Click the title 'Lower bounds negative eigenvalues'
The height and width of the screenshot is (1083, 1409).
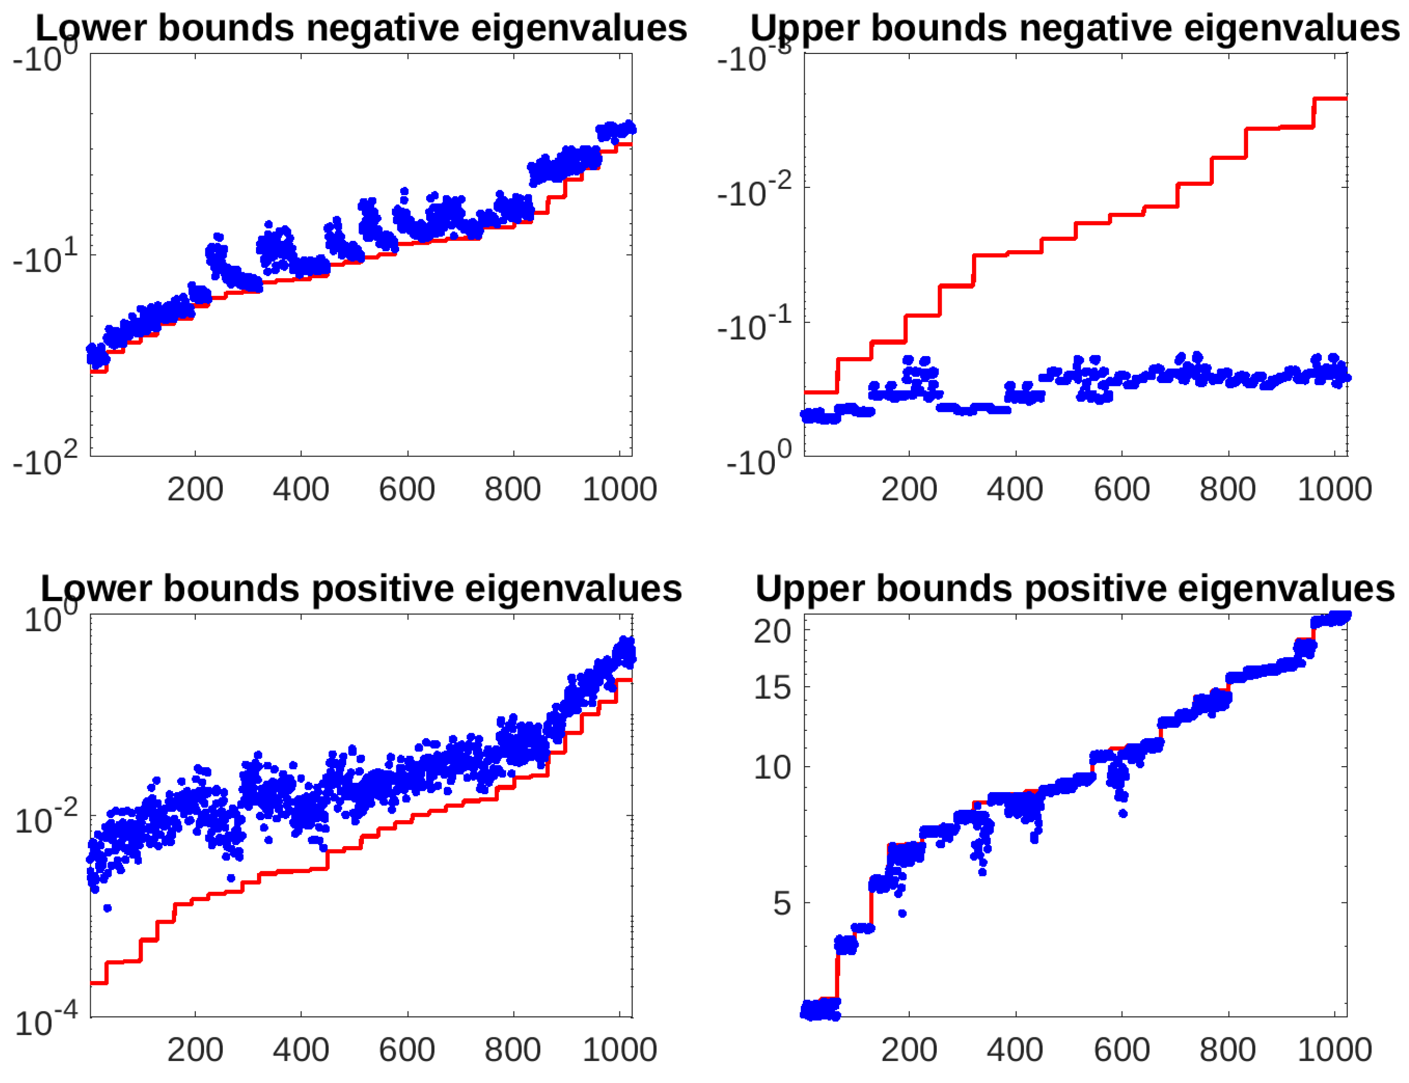click(361, 28)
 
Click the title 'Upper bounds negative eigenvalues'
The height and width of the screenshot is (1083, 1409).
click(1075, 28)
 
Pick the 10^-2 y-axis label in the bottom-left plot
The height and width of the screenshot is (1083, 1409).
click(45, 819)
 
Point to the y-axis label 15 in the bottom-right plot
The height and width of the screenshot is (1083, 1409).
click(771, 687)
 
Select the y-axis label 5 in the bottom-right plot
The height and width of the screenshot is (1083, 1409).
click(781, 903)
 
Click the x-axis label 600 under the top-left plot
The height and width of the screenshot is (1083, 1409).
click(407, 490)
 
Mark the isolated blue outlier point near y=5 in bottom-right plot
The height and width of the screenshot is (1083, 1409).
click(902, 913)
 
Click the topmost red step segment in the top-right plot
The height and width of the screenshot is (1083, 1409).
click(1330, 99)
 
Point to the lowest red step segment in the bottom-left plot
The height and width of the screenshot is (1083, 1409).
click(98, 983)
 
